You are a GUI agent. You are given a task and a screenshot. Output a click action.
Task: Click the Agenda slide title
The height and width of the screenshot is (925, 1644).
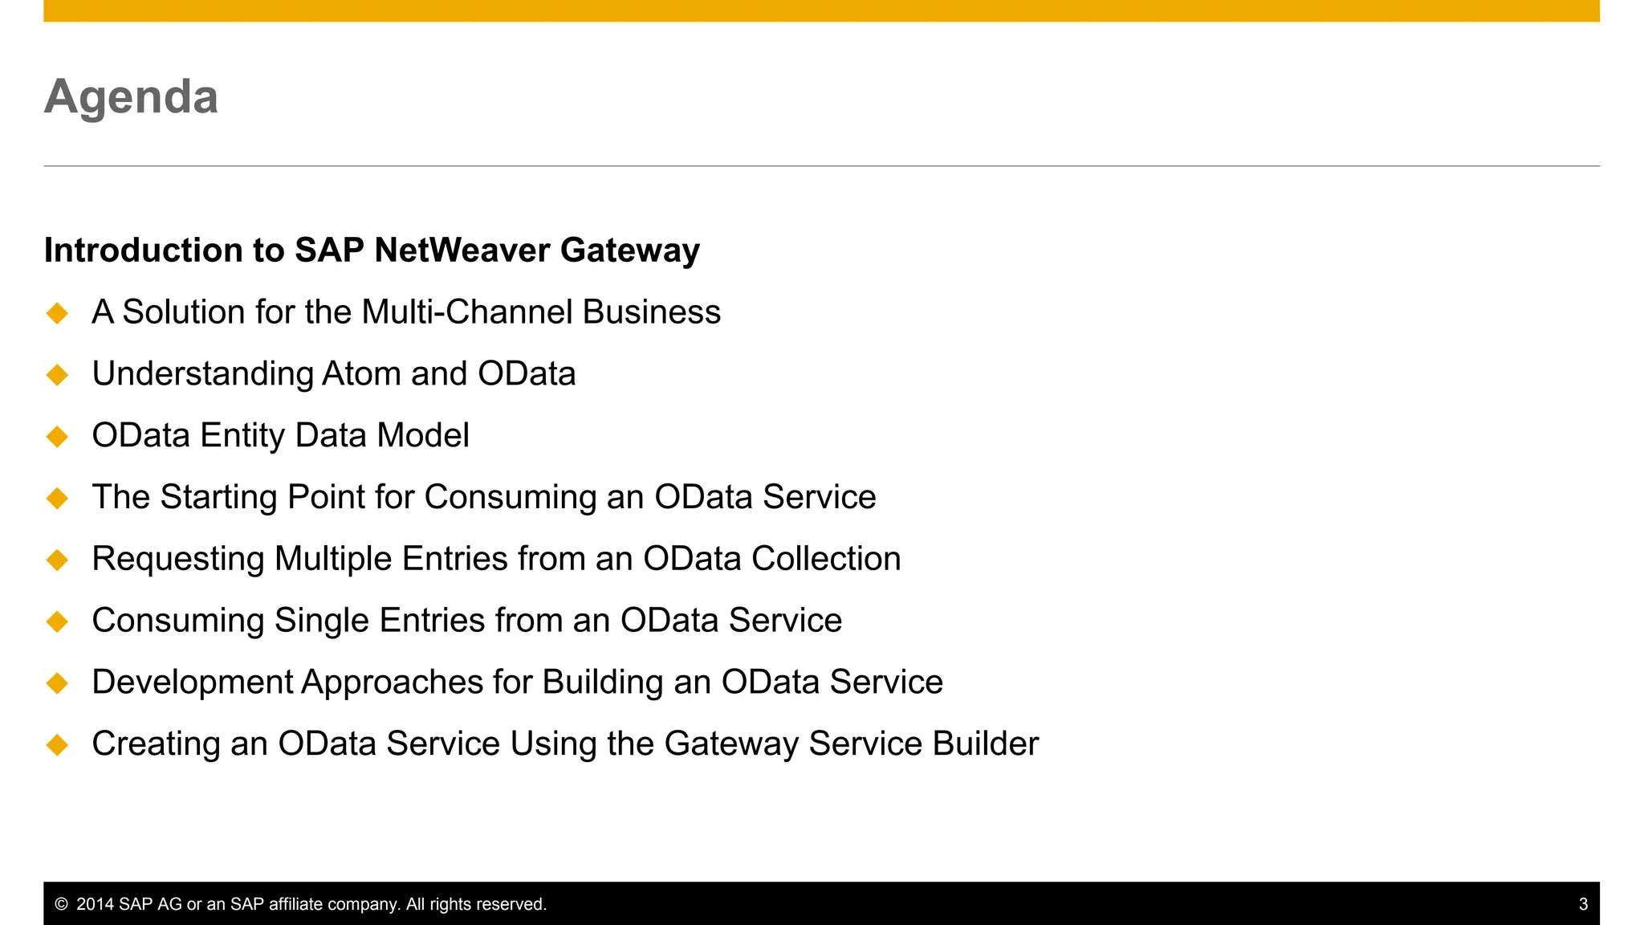point(131,97)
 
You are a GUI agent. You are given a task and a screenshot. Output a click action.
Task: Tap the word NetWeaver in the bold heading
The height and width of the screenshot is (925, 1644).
point(462,250)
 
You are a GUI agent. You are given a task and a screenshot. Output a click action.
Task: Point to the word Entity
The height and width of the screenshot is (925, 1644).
point(242,436)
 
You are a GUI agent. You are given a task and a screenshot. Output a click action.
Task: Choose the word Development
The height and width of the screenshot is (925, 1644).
point(193,683)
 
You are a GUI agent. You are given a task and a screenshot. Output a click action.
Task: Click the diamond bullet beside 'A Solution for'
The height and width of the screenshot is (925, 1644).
point(58,313)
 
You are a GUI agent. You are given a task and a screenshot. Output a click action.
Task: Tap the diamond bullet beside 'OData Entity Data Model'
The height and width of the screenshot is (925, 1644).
point(58,437)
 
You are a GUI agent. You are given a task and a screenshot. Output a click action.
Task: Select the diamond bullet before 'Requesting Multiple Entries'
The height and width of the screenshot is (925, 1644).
point(58,560)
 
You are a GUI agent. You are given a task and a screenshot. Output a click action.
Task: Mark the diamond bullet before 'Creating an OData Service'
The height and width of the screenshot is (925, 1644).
point(58,745)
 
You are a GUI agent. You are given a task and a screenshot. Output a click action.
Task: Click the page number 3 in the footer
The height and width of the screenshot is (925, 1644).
point(1583,904)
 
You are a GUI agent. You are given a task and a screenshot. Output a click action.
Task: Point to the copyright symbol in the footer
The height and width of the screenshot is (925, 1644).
point(61,904)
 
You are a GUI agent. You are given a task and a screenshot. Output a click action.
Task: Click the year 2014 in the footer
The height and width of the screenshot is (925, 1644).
point(96,904)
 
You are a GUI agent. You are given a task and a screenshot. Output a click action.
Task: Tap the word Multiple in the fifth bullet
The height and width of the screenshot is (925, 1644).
point(333,559)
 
